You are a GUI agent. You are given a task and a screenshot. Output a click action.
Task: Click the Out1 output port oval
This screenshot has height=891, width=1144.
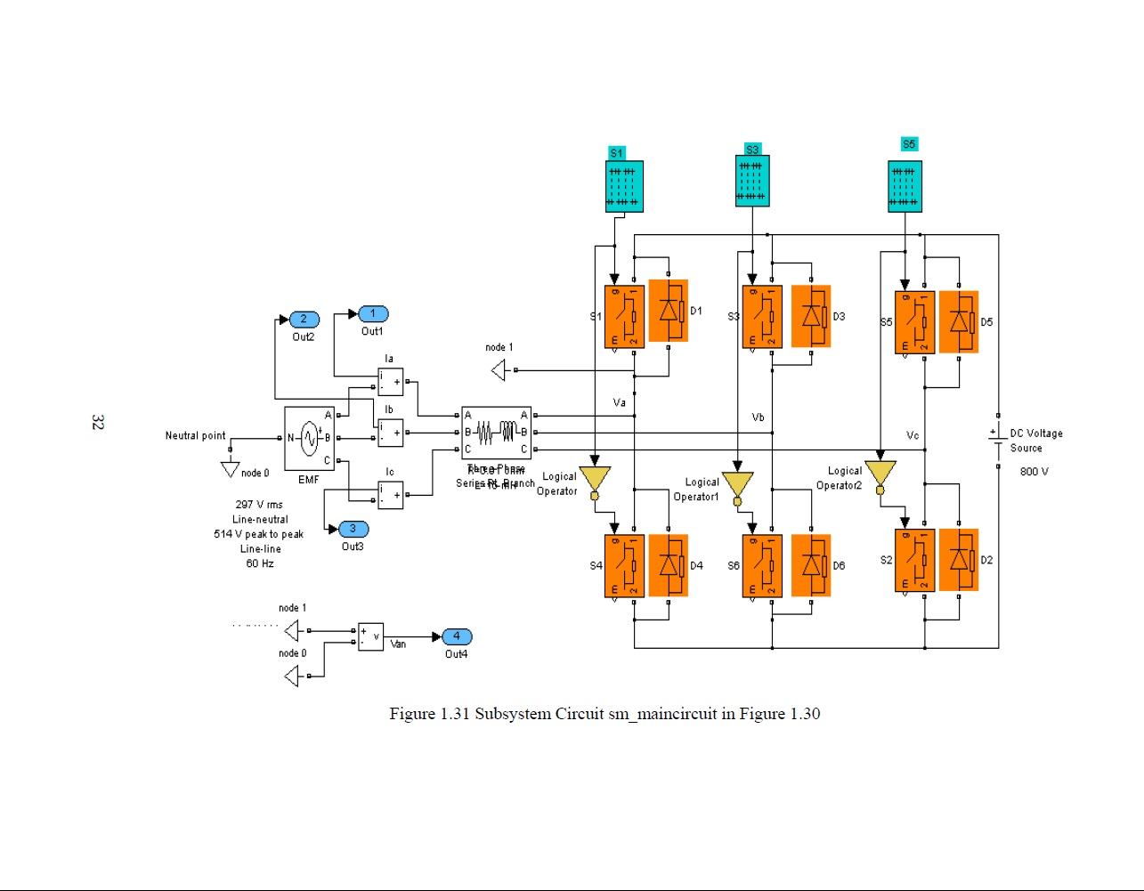[373, 314]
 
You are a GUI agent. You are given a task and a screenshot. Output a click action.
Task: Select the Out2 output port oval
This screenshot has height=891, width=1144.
[304, 320]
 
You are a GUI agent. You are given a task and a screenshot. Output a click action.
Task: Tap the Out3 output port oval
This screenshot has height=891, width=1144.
[353, 529]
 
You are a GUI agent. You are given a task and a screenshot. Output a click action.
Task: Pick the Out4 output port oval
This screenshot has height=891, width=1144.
[457, 636]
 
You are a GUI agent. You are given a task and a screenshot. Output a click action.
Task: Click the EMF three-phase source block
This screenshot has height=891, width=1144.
[309, 438]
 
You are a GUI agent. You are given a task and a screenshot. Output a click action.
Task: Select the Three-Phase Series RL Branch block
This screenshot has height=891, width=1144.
[496, 433]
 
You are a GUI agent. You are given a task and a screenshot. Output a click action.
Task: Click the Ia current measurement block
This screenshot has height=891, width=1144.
[390, 382]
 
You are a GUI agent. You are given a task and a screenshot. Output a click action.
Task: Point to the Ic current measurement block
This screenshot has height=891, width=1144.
[390, 495]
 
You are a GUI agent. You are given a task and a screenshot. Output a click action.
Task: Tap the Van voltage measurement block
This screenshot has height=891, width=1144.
[370, 636]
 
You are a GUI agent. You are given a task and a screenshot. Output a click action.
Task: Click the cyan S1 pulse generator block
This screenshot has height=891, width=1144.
[624, 187]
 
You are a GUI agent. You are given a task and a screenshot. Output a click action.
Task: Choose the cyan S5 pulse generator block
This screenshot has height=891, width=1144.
[905, 187]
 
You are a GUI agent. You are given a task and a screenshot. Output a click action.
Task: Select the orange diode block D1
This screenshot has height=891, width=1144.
[669, 311]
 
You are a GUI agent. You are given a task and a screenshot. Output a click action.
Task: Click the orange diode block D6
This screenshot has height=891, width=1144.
[811, 565]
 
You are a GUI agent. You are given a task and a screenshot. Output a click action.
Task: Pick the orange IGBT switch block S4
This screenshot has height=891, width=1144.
[624, 565]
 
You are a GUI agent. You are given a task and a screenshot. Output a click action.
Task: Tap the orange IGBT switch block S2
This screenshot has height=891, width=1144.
[915, 560]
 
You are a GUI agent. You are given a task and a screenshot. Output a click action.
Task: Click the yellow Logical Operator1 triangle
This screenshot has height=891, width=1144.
[737, 484]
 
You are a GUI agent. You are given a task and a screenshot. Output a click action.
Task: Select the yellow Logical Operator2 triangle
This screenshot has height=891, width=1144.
[880, 473]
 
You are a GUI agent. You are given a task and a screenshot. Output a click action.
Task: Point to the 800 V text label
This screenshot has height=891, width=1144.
[1034, 472]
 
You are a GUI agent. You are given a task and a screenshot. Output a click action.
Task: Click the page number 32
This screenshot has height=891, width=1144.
[98, 422]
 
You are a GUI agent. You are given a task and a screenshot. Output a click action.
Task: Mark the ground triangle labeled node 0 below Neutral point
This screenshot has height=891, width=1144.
[231, 469]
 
